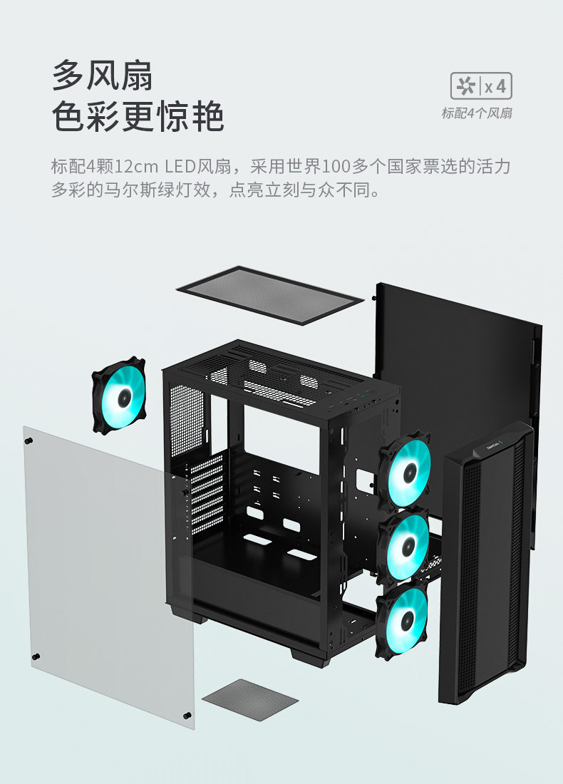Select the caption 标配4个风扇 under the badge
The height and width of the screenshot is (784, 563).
[476, 113]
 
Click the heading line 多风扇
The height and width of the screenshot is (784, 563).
[103, 75]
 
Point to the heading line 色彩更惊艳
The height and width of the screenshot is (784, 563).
[138, 117]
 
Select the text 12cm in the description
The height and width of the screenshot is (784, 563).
[136, 167]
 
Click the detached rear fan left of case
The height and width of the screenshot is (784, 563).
[119, 396]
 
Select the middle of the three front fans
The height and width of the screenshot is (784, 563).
[404, 547]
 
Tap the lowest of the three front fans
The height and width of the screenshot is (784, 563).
[402, 619]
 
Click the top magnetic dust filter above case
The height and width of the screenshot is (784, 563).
[269, 294]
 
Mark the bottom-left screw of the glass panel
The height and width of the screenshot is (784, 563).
[36, 656]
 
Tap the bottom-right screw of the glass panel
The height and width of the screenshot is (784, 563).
[187, 715]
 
